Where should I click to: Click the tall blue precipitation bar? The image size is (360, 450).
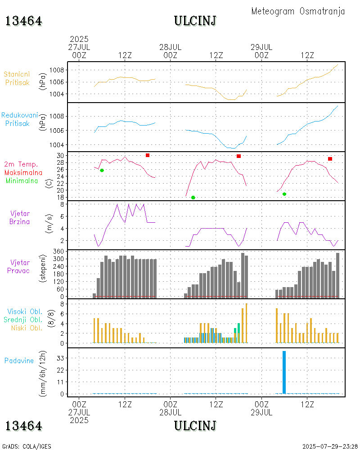pyautogui.click(x=284, y=372)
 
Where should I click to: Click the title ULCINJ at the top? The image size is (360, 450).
pyautogui.click(x=195, y=21)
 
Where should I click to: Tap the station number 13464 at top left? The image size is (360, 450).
pyautogui.click(x=24, y=21)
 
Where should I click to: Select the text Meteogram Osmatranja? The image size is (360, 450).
pyautogui.click(x=298, y=11)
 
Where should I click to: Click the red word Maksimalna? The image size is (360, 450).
pyautogui.click(x=23, y=172)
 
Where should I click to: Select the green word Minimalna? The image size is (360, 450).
pyautogui.click(x=22, y=180)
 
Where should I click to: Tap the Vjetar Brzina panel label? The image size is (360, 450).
pyautogui.click(x=20, y=217)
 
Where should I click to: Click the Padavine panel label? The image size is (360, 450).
pyautogui.click(x=19, y=360)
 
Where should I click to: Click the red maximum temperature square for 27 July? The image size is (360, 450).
pyautogui.click(x=148, y=155)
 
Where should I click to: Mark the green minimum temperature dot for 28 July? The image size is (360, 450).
pyautogui.click(x=193, y=198)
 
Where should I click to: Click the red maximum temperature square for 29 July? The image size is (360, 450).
pyautogui.click(x=330, y=159)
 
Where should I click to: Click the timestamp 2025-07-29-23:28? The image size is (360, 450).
pyautogui.click(x=330, y=446)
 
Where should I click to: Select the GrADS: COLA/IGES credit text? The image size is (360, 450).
pyautogui.click(x=27, y=446)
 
